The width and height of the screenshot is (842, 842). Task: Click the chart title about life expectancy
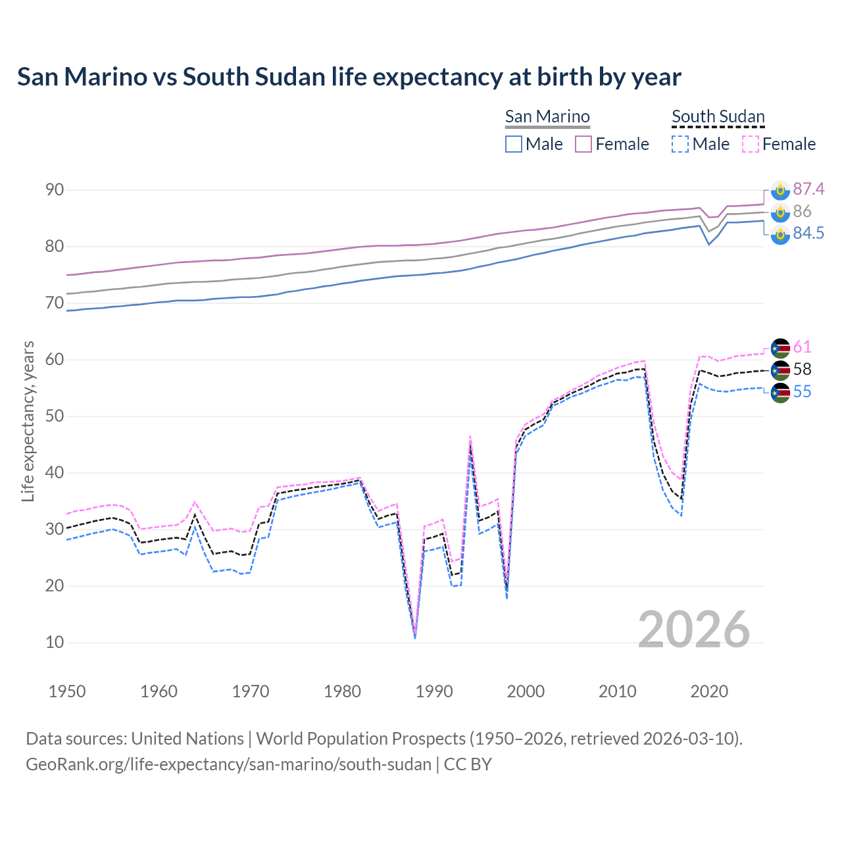point(349,77)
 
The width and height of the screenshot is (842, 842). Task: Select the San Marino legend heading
point(547,116)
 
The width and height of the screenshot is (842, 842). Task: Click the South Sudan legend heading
point(718,116)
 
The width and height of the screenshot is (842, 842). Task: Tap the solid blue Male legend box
point(514,144)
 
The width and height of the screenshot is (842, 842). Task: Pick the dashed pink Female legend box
point(751,144)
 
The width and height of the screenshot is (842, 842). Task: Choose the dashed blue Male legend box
point(680,144)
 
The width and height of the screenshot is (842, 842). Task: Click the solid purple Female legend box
point(583,144)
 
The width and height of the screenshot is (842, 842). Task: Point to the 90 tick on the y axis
point(55,190)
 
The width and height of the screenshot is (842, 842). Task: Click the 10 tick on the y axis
point(55,643)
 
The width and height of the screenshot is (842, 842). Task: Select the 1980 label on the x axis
point(342,691)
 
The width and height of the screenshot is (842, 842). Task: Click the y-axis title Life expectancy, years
point(28,421)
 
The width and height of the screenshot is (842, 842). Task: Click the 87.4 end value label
point(808,189)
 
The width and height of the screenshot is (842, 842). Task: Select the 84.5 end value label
point(808,234)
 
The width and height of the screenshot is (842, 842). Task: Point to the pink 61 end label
point(802,347)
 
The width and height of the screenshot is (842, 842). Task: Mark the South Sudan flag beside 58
point(780,370)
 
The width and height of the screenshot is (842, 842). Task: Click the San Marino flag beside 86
point(780,212)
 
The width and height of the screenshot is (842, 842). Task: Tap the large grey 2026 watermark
point(693,630)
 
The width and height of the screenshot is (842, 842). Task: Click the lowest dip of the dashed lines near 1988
point(415,637)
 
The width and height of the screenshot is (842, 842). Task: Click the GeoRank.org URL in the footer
point(228,764)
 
